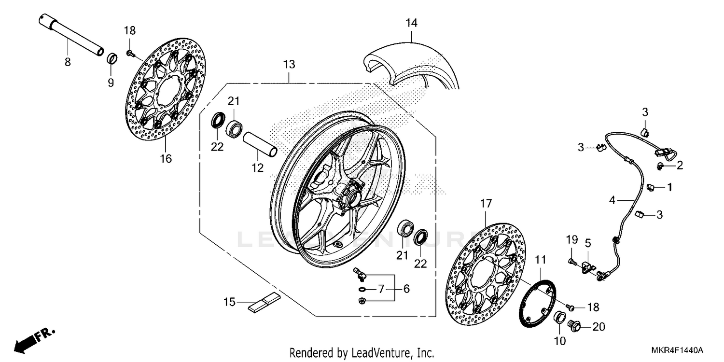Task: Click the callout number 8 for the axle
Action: [68, 62]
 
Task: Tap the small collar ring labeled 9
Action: [112, 59]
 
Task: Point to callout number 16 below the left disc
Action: [166, 158]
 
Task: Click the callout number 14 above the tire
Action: [411, 23]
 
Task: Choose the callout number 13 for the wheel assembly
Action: [289, 64]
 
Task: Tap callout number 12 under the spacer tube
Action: [257, 167]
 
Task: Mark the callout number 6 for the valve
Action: [406, 289]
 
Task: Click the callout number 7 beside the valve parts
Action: [381, 289]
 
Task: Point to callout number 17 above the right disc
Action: [485, 204]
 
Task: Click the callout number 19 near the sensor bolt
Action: [571, 239]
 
